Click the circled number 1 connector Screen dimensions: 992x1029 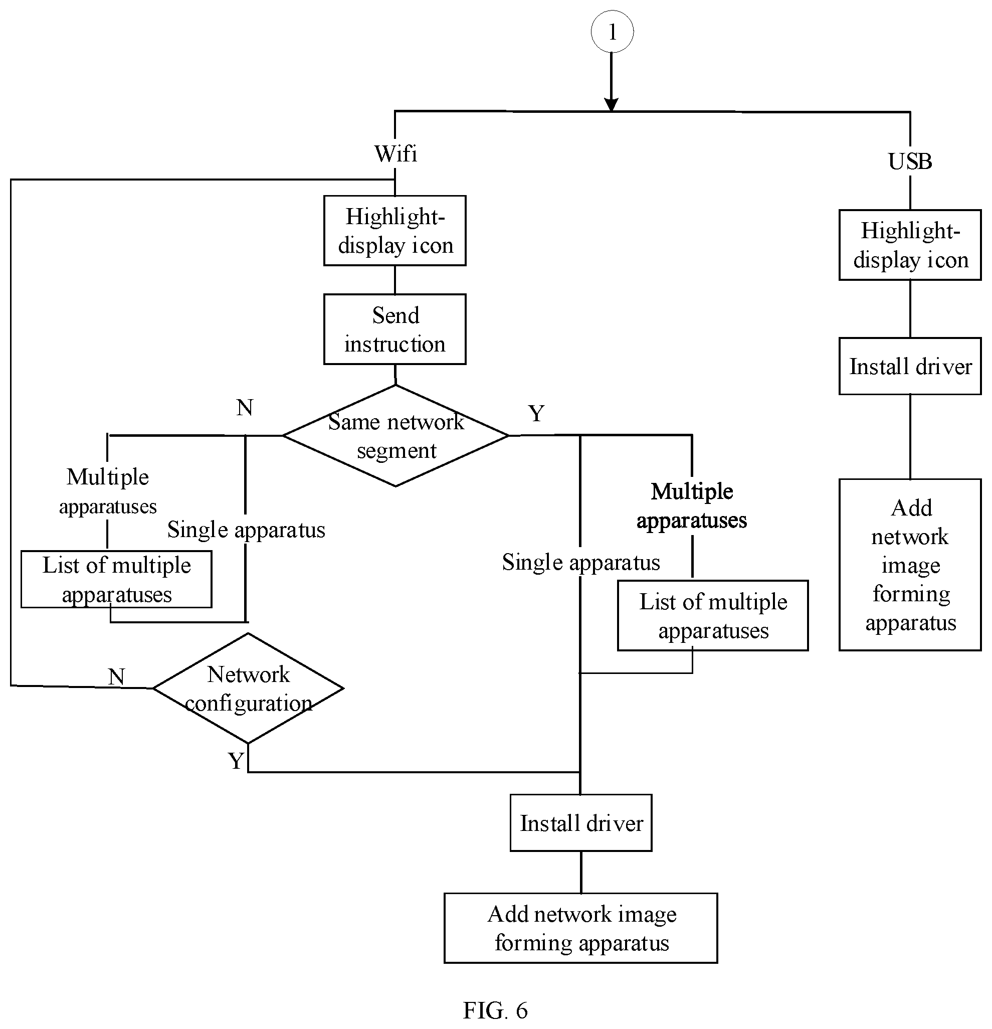(x=612, y=32)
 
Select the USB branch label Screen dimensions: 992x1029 (x=910, y=161)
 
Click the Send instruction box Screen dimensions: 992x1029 (x=394, y=329)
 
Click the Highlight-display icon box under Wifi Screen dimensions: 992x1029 (x=394, y=231)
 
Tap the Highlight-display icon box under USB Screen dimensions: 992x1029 (x=910, y=245)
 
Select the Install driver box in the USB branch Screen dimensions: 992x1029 (x=910, y=366)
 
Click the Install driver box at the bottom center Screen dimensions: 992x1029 (x=581, y=823)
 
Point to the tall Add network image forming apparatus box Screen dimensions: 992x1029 (x=910, y=565)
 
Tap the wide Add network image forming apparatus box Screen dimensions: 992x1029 (x=581, y=928)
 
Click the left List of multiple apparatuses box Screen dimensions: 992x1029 (x=116, y=579)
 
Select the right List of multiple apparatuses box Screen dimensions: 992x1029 (x=713, y=615)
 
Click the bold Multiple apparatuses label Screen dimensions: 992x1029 (x=692, y=505)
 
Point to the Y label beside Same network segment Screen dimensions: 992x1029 (x=536, y=413)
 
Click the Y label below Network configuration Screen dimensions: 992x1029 (x=236, y=760)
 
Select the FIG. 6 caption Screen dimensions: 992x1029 (x=495, y=1010)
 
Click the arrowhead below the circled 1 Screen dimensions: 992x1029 (x=612, y=104)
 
